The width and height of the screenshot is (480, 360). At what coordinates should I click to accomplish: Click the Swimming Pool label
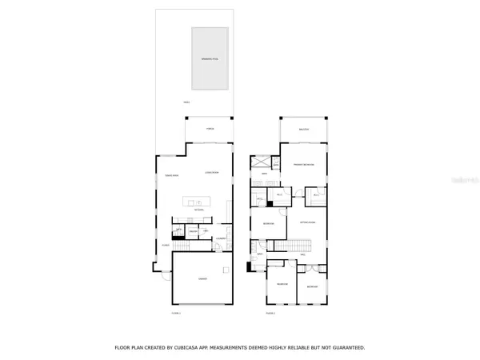pyautogui.click(x=210, y=60)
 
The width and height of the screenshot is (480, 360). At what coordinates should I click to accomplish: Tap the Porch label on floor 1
pyautogui.click(x=210, y=128)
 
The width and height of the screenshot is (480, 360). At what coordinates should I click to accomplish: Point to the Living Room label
pyautogui.click(x=212, y=172)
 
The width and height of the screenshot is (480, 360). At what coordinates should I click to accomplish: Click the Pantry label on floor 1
pyautogui.click(x=193, y=232)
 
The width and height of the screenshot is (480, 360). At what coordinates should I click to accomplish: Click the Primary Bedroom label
pyautogui.click(x=303, y=165)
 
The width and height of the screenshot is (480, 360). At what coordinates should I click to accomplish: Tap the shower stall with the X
pyautogui.click(x=266, y=181)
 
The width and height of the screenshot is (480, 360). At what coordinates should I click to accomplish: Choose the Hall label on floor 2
pyautogui.click(x=302, y=255)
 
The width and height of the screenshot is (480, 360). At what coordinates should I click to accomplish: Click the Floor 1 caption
pyautogui.click(x=176, y=313)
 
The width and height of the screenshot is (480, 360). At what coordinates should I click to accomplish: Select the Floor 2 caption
pyautogui.click(x=270, y=313)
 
